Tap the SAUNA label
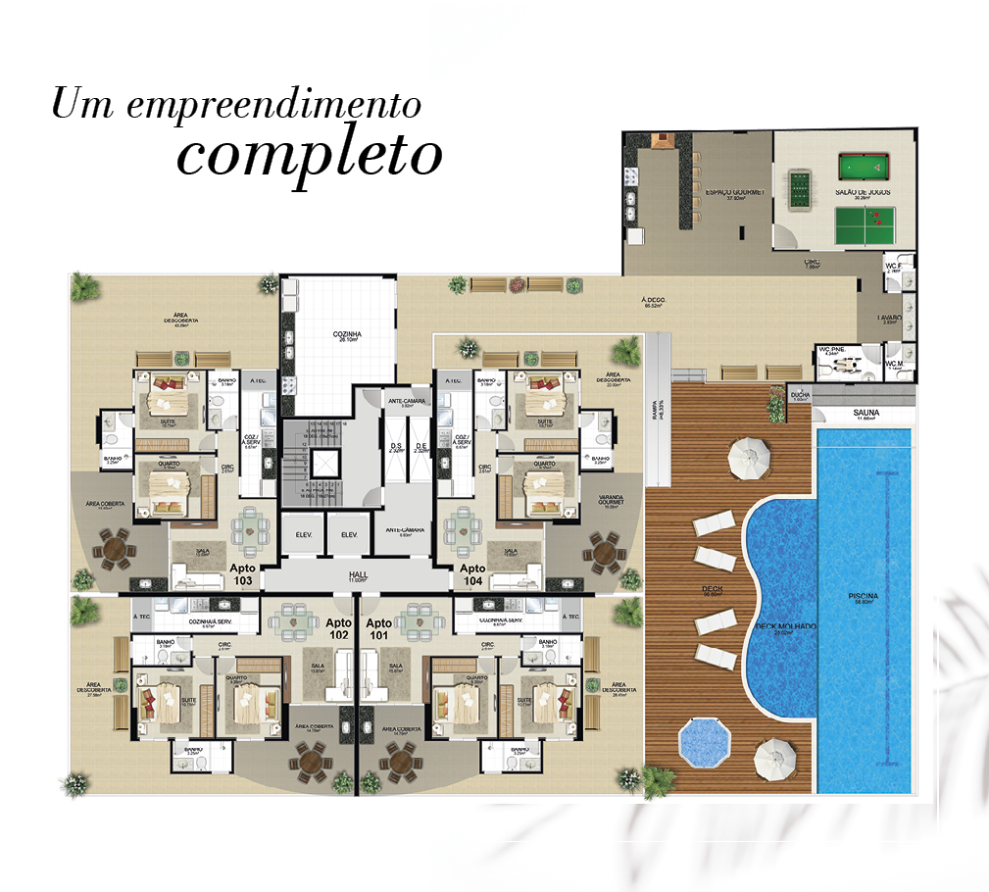click(865, 414)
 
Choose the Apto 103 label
click(241, 574)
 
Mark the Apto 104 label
click(472, 574)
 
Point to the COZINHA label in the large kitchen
click(345, 334)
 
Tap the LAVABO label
click(890, 319)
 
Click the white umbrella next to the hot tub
click(773, 756)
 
